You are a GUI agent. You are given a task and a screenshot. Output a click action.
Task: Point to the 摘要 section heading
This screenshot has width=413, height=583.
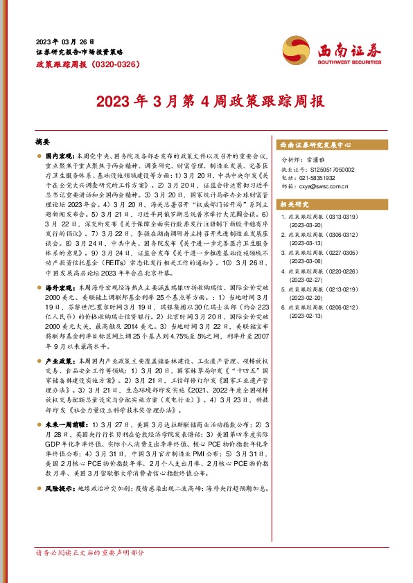click(42, 140)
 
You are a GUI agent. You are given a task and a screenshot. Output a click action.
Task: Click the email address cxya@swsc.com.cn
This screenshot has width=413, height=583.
click(326, 186)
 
